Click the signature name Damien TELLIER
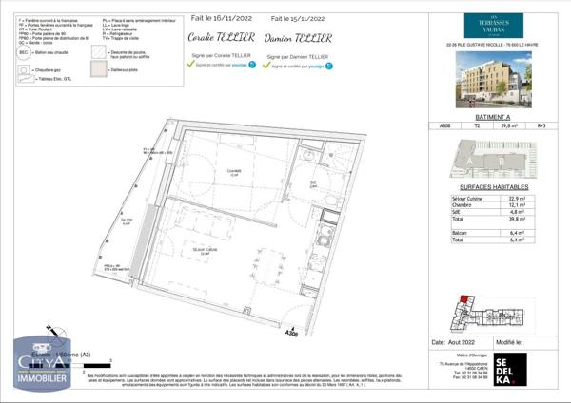click(x=300, y=38)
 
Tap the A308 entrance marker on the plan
click(x=293, y=332)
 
